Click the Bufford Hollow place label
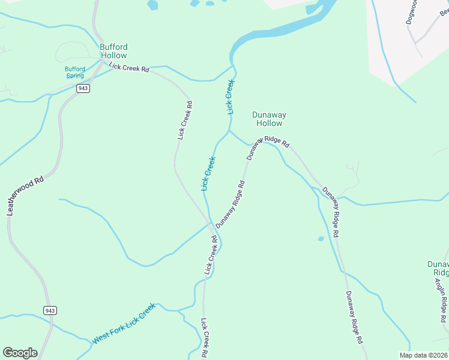click(x=113, y=51)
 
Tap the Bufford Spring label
click(x=75, y=73)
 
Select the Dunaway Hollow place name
click(x=269, y=119)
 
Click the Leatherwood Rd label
click(x=25, y=196)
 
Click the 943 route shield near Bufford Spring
click(x=83, y=88)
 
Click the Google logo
click(x=20, y=353)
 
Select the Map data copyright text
click(x=424, y=355)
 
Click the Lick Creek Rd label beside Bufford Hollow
click(x=129, y=68)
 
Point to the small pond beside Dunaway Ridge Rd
click(x=321, y=239)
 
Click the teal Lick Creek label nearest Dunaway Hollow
click(x=229, y=96)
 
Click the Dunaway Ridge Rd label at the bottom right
click(x=354, y=317)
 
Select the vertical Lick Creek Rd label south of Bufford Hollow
click(x=185, y=120)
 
